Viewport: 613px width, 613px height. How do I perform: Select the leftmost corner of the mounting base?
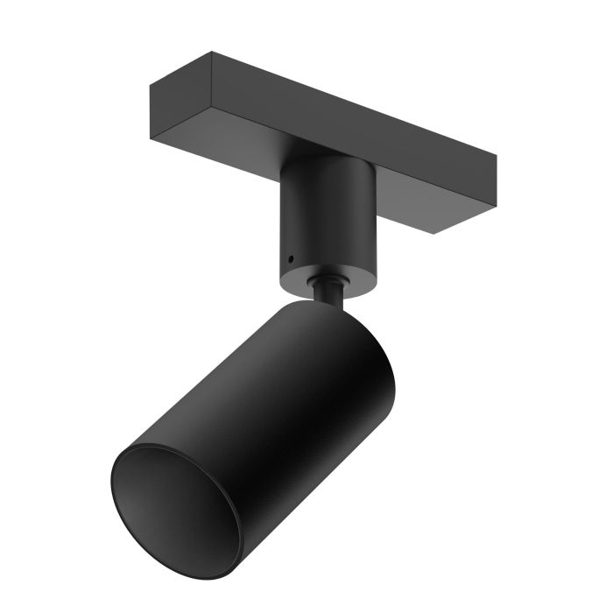pyautogui.click(x=151, y=86)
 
